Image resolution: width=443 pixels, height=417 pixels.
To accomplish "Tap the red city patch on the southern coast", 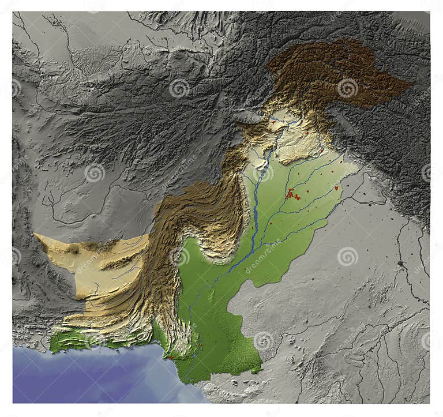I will [171, 358].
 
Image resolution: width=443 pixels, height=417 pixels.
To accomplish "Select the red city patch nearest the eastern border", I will [336, 187].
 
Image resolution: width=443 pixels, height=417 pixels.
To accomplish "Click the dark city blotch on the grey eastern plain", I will [400, 263].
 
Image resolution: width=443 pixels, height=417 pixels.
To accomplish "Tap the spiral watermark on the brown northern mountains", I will [347, 88].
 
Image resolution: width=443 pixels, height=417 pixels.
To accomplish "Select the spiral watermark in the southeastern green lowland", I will [264, 341].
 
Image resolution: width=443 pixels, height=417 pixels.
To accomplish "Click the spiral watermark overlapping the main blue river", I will [263, 172].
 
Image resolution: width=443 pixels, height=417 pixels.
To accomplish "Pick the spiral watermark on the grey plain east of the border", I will [347, 256].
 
